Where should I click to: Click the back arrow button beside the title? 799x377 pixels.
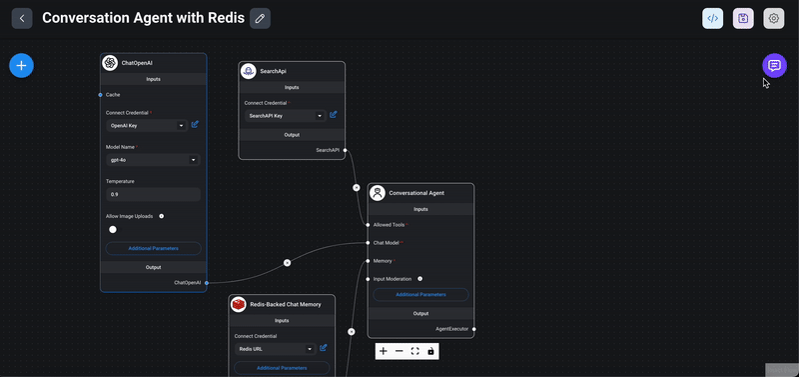22,18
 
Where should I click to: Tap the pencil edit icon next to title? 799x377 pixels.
260,18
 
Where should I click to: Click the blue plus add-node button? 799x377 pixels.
22,66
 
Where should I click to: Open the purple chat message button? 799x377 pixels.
774,66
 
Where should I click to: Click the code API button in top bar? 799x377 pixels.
713,18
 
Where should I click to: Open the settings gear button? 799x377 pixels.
773,18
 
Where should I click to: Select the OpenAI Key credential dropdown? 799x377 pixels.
146,126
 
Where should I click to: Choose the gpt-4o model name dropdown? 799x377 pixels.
153,159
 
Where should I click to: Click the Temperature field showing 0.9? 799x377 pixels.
153,194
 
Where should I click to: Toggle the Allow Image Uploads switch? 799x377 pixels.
114,229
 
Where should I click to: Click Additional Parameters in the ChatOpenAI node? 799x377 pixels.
154,248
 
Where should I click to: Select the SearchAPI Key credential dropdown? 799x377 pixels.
286,116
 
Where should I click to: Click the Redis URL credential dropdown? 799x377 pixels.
276,349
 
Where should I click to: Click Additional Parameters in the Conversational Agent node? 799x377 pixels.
420,295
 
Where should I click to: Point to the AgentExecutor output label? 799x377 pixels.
452,328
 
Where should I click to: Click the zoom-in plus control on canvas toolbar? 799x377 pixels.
384,351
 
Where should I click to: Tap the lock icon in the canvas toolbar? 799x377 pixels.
430,351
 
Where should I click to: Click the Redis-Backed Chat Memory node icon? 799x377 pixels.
239,304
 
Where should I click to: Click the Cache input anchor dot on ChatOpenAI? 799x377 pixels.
101,94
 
